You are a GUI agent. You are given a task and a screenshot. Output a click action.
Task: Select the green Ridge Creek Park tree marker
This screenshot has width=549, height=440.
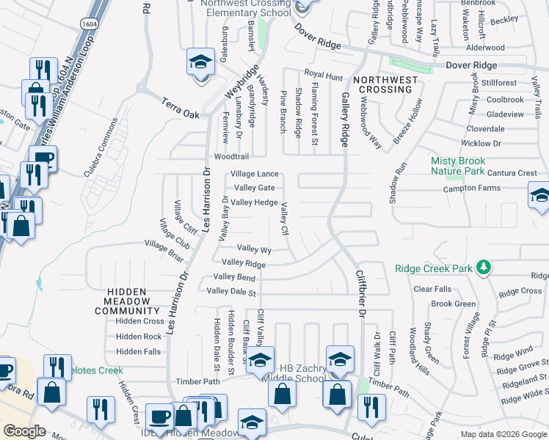coord(484,268)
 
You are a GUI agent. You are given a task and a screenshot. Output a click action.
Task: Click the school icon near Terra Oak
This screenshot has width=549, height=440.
coord(199,63)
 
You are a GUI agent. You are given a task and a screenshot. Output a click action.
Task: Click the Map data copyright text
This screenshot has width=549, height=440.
coord(503,434)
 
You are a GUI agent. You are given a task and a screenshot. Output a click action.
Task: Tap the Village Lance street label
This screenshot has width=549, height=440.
coord(255,174)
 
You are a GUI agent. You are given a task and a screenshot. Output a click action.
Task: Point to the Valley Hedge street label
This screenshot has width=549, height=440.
coord(254,202)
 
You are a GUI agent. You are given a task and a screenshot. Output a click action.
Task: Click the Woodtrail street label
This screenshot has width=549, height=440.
coord(231,157)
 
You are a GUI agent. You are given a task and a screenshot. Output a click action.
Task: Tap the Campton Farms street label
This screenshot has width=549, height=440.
coord(470,188)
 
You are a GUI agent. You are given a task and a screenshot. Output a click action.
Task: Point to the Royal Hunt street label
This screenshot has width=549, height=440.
coord(324,75)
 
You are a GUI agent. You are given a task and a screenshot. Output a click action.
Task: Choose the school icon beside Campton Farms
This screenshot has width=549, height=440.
coord(539,196)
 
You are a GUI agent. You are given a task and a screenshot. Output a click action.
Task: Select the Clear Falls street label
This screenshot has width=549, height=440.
coord(432,290)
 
